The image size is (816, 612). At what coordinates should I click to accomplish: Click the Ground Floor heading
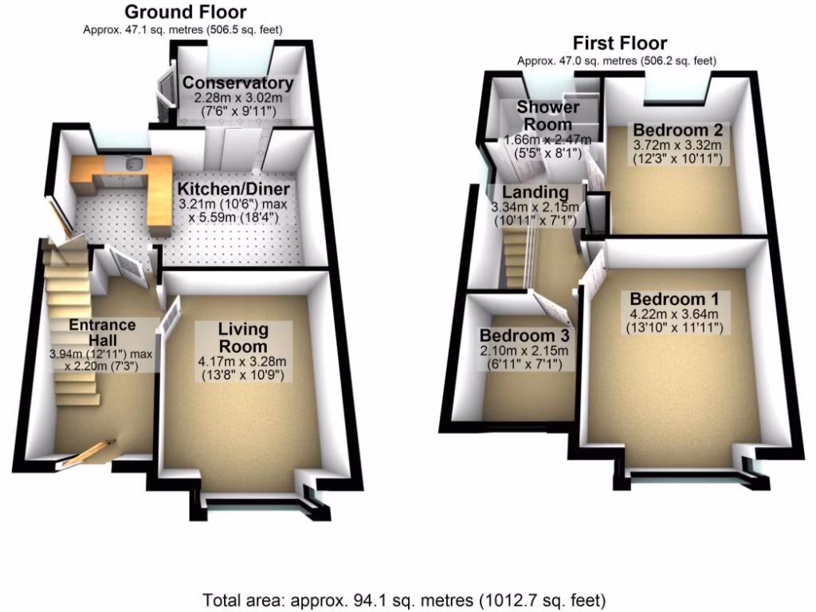185,12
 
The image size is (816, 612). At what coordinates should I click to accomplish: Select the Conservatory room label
237,83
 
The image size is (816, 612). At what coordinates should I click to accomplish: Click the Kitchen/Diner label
233,190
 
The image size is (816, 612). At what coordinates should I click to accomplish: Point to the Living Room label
244,338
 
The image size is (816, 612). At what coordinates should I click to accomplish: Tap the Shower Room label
547,116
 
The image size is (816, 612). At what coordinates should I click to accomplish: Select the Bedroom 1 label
674,299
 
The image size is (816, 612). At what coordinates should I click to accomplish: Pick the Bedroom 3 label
523,335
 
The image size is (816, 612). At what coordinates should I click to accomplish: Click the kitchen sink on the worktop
134,165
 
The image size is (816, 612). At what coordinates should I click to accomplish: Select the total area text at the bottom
404,599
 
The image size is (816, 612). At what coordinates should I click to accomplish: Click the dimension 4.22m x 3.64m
675,313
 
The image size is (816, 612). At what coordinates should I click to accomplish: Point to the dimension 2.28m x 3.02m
237,97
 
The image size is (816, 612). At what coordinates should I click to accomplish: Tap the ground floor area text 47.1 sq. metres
184,29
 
